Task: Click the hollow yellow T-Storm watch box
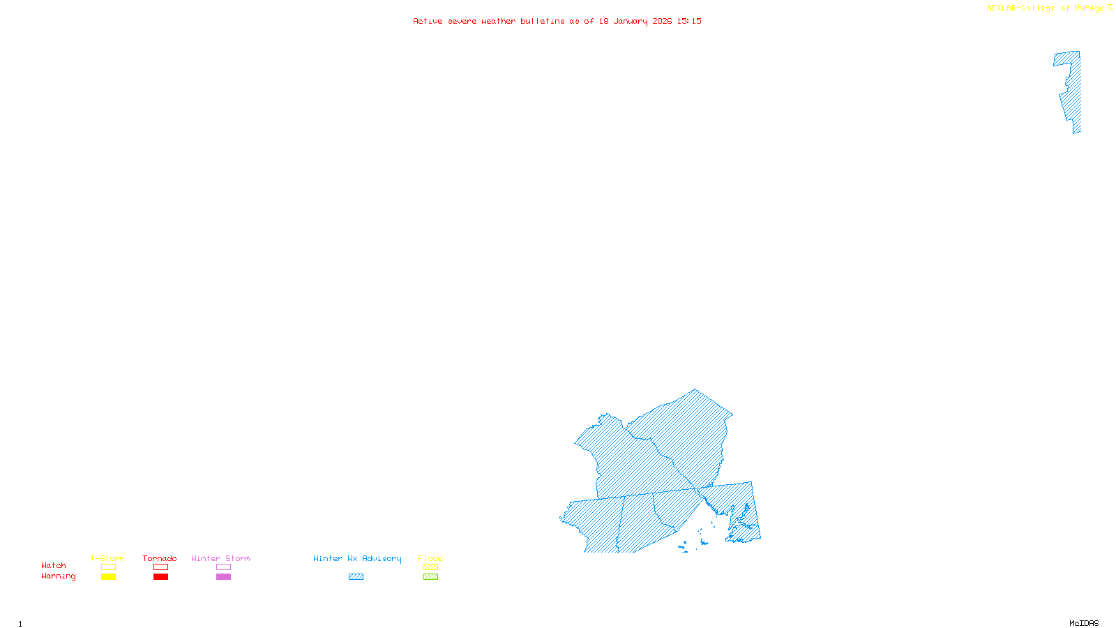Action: point(108,567)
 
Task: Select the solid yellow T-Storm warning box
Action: point(108,577)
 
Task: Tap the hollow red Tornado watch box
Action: point(160,567)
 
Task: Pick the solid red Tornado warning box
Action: point(160,577)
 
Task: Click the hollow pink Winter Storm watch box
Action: point(223,567)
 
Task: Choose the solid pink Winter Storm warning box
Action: point(223,577)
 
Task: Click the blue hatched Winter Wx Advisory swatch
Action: point(356,577)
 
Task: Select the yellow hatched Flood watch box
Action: point(430,567)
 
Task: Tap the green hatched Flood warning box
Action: point(430,577)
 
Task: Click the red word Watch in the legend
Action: point(54,566)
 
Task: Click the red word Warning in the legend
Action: point(58,576)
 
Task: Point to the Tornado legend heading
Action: point(160,558)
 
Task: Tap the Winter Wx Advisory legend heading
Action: point(357,558)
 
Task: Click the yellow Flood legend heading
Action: point(430,558)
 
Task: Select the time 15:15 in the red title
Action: point(689,21)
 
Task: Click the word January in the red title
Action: point(631,21)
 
